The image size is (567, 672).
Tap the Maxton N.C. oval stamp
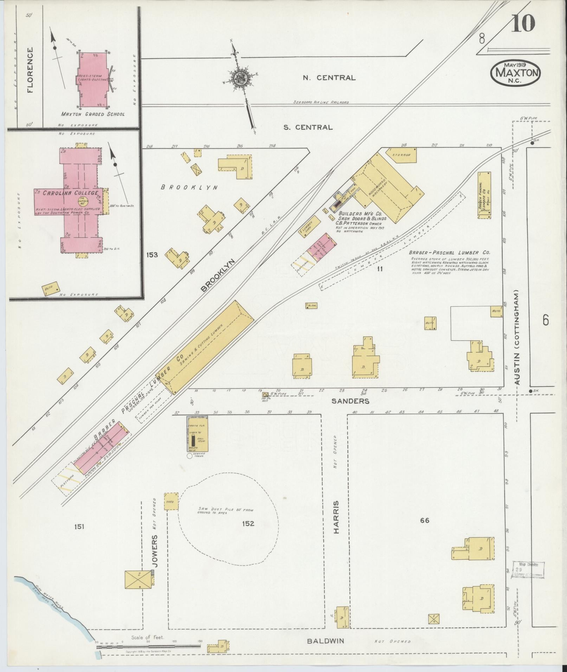coord(516,73)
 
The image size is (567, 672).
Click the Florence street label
coord(30,70)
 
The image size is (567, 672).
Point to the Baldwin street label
coord(325,641)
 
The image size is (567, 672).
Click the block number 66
coord(425,520)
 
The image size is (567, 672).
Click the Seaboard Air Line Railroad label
coord(321,102)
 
